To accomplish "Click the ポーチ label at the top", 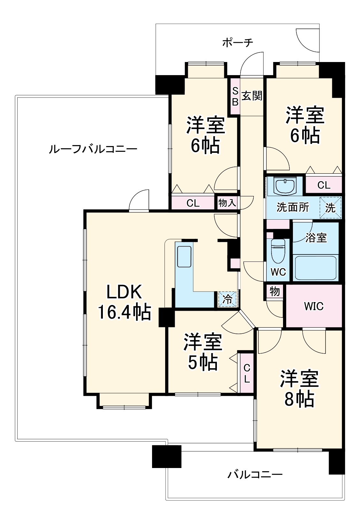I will click(x=238, y=43).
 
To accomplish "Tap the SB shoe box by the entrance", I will click(x=235, y=96).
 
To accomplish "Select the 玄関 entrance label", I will click(x=252, y=96).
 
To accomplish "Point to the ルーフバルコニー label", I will click(x=93, y=149).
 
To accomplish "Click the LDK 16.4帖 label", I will click(x=124, y=302).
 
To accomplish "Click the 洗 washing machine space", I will click(x=330, y=208).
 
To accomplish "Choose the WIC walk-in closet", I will click(x=314, y=306).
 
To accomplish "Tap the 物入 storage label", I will click(x=227, y=203).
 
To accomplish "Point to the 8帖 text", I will click(x=299, y=399).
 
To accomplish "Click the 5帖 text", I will click(x=203, y=363).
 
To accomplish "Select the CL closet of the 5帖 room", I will click(x=247, y=373).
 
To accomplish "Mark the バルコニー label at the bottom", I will click(x=255, y=474).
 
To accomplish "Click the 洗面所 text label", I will click(x=293, y=207).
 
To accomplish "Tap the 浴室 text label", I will click(x=316, y=238).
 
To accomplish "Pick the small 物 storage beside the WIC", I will click(x=275, y=291).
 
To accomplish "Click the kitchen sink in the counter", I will click(x=184, y=256).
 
